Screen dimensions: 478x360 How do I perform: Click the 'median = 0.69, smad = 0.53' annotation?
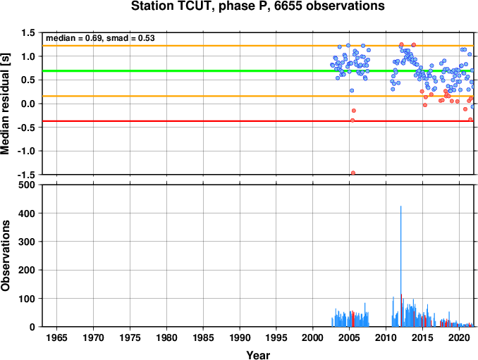tap(100, 38)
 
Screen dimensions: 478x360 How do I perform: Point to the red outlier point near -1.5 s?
tap(353, 173)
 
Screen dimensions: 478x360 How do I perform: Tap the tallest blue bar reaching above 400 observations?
tap(401, 266)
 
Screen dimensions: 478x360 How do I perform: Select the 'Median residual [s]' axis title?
tap(5, 104)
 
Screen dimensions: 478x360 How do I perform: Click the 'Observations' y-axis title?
tap(5, 256)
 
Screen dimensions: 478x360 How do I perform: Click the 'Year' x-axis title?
tap(258, 355)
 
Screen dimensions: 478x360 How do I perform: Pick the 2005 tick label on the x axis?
tap(350, 337)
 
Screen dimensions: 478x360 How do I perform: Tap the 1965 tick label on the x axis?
tap(56, 337)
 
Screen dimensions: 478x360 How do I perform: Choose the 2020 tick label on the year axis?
tap(459, 337)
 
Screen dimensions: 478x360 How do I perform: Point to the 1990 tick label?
tap(240, 337)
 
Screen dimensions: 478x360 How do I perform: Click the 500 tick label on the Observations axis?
tap(27, 185)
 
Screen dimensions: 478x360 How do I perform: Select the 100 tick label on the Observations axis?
tap(27, 298)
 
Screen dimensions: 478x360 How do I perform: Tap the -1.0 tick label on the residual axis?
tap(27, 151)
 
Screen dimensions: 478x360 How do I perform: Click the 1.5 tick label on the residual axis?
tap(29, 32)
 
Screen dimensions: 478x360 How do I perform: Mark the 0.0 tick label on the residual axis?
tap(29, 104)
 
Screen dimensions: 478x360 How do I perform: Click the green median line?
tap(258, 71)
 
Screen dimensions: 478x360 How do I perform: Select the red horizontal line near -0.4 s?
tap(258, 121)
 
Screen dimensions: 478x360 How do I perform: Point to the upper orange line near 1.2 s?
tap(258, 46)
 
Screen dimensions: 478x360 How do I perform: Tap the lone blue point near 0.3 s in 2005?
tap(352, 90)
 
